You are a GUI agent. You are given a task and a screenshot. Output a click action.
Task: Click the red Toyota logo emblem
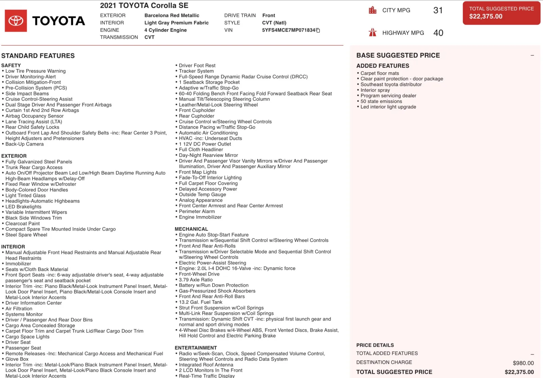[16, 21]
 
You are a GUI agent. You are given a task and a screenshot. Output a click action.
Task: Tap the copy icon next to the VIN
[318, 30]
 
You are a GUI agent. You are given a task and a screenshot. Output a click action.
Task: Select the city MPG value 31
[438, 10]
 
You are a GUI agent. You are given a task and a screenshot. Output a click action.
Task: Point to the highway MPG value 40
[438, 33]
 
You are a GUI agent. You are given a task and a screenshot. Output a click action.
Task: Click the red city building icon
[373, 10]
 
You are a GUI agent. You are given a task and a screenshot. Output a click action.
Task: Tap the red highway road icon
[373, 33]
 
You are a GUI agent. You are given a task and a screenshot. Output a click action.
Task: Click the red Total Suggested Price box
[501, 13]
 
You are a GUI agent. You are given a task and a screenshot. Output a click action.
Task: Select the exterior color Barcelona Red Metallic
[172, 15]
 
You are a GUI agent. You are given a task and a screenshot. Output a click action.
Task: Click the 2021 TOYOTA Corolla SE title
[144, 5]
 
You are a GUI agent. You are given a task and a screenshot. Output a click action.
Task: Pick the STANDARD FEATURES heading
[38, 56]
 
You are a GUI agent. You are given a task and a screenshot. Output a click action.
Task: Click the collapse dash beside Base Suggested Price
[532, 55]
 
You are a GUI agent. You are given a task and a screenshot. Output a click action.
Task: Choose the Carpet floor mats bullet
[379, 73]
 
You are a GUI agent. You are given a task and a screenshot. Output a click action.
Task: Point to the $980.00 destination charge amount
[523, 363]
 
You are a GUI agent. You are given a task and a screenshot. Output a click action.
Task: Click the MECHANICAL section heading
[191, 229]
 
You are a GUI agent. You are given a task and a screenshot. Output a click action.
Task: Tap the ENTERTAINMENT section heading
[196, 348]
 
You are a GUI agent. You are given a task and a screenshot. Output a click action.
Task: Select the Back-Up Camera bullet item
[24, 144]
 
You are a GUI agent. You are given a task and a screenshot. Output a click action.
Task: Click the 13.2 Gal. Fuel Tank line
[201, 302]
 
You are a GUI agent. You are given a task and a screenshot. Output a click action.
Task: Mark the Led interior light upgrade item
[388, 107]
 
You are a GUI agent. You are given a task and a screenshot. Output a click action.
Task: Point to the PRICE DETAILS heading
[375, 345]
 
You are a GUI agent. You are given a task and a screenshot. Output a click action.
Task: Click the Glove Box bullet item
[17, 359]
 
